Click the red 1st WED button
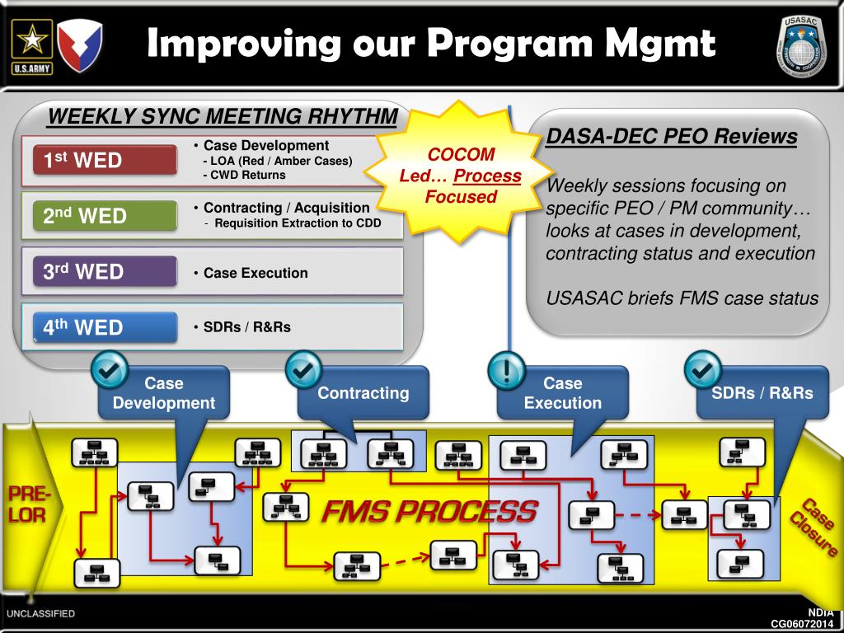pyautogui.click(x=105, y=160)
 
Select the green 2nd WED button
pyautogui.click(x=105, y=216)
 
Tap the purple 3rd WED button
pyautogui.click(x=105, y=271)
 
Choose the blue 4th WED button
pyautogui.click(x=105, y=327)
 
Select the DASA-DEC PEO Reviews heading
pyautogui.click(x=672, y=136)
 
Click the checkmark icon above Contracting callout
pyautogui.click(x=304, y=369)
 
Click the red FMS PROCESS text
pyautogui.click(x=429, y=512)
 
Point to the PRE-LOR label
pyautogui.click(x=28, y=504)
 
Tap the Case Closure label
pyautogui.click(x=816, y=527)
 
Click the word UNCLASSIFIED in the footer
pyautogui.click(x=41, y=614)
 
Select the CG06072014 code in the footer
pyautogui.click(x=804, y=623)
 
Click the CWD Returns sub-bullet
pyautogui.click(x=244, y=175)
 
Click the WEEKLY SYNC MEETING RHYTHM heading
pyautogui.click(x=223, y=116)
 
